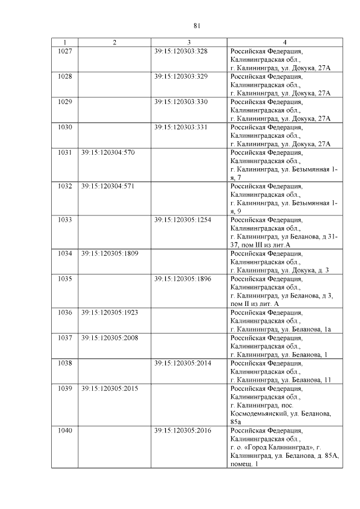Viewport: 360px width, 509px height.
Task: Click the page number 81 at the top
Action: (x=197, y=25)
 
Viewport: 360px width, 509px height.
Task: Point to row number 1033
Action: (x=65, y=220)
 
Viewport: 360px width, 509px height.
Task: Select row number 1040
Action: (x=65, y=431)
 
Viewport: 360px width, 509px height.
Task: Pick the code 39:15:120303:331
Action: (x=181, y=127)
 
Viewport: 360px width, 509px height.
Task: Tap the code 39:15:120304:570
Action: (x=108, y=152)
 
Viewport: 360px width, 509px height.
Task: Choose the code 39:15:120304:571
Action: (x=108, y=186)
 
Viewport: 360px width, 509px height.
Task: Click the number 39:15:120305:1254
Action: (x=183, y=220)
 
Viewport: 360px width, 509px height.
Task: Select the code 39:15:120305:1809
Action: (x=110, y=254)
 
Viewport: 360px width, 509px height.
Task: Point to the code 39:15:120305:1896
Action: (x=183, y=279)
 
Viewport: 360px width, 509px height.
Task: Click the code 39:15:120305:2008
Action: (x=110, y=338)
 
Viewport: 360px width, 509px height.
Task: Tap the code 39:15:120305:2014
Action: (x=183, y=363)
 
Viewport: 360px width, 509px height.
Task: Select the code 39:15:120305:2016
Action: (x=183, y=431)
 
